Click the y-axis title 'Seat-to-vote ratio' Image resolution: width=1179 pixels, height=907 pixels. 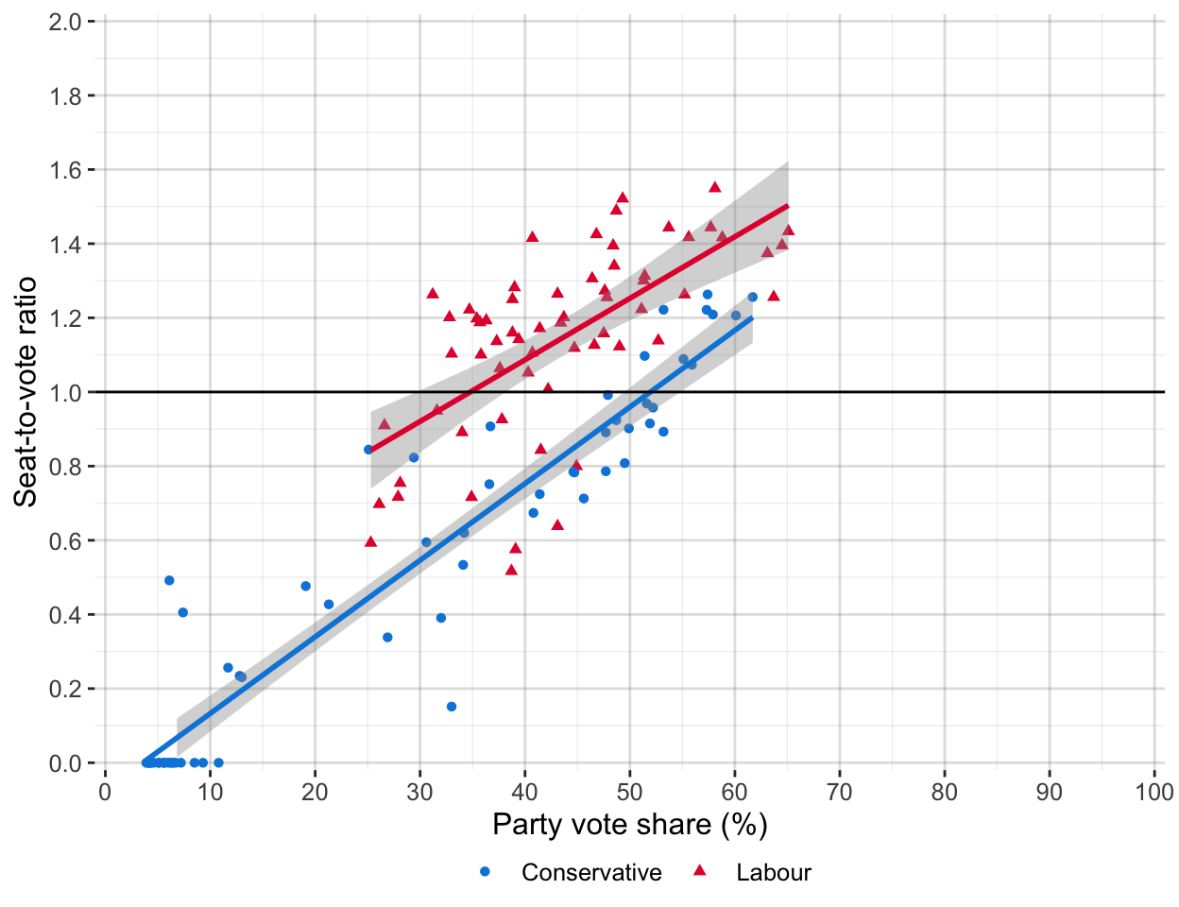tap(26, 391)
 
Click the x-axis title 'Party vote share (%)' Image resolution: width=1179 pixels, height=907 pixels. tap(629, 825)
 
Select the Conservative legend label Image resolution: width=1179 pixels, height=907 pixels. tap(591, 872)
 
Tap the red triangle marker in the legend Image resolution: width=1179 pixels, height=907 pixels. tap(701, 870)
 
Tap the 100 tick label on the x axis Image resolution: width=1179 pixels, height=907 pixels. tap(1154, 793)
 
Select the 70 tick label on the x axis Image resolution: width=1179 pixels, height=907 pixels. tap(840, 793)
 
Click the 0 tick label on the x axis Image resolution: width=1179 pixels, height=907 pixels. tap(105, 793)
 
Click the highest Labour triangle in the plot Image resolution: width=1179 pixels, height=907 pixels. tap(715, 187)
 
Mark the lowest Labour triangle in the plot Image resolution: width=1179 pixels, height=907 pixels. tap(511, 570)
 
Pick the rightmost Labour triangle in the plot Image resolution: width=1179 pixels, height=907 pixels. tap(788, 230)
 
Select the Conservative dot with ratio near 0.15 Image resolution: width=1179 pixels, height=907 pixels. tap(452, 707)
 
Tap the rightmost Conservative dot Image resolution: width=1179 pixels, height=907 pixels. tap(753, 297)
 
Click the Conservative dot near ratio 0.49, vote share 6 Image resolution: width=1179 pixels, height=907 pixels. tap(169, 580)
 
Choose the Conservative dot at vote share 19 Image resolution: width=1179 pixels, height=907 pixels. tap(306, 586)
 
